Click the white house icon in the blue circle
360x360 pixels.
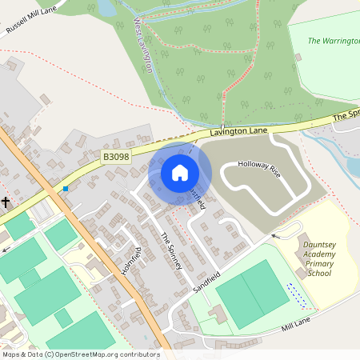coord(180,172)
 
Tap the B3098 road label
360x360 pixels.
coord(116,158)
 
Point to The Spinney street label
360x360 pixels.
coord(173,250)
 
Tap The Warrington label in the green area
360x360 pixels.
coord(334,40)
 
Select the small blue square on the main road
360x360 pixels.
coord(66,189)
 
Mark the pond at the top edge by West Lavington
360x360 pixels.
coord(105,7)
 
